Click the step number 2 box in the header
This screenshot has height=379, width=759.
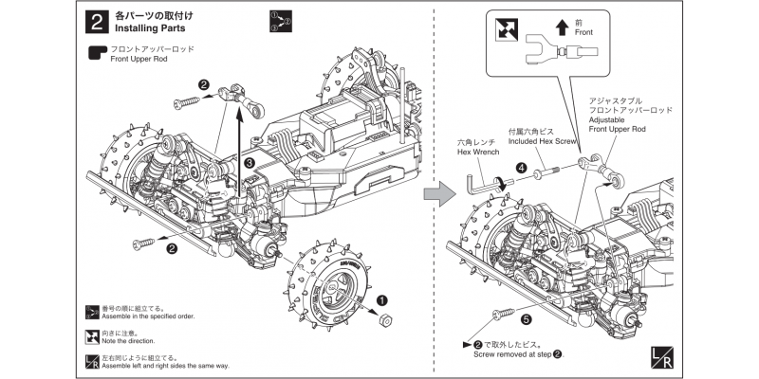point(95,22)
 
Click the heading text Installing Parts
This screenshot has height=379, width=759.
point(157,28)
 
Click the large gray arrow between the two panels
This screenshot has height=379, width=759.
point(435,194)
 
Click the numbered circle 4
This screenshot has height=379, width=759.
point(521,167)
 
